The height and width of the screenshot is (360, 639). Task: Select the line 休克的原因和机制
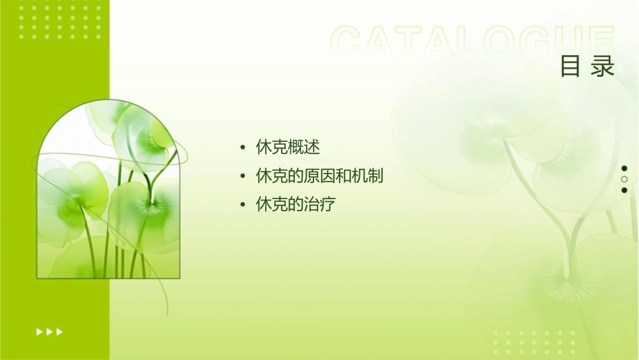(x=319, y=176)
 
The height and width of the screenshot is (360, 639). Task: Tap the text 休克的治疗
(x=296, y=205)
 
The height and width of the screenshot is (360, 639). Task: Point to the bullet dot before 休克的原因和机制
(x=242, y=177)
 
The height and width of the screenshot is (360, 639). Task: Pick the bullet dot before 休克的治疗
(x=242, y=205)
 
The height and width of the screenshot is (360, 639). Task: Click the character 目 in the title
(x=571, y=67)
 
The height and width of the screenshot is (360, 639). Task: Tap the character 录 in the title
(x=603, y=67)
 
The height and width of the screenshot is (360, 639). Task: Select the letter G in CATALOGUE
(x=535, y=42)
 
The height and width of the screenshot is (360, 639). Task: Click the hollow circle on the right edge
(x=624, y=179)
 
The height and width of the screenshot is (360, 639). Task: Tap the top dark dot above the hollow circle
(x=624, y=168)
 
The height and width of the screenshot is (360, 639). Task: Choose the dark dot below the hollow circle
(x=624, y=190)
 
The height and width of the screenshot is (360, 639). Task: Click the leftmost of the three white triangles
(x=39, y=332)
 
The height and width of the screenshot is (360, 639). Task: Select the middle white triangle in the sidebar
(x=49, y=332)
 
